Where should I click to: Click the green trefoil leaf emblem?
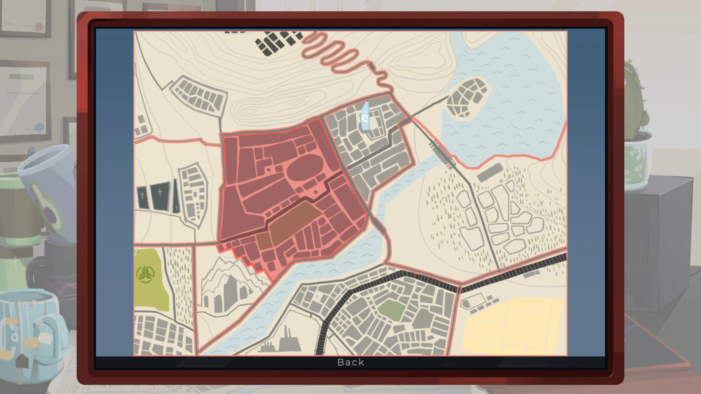(x=145, y=274)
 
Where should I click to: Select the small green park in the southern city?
(x=391, y=310)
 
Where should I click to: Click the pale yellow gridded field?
(x=512, y=326)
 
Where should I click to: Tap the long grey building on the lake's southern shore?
(x=490, y=172)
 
